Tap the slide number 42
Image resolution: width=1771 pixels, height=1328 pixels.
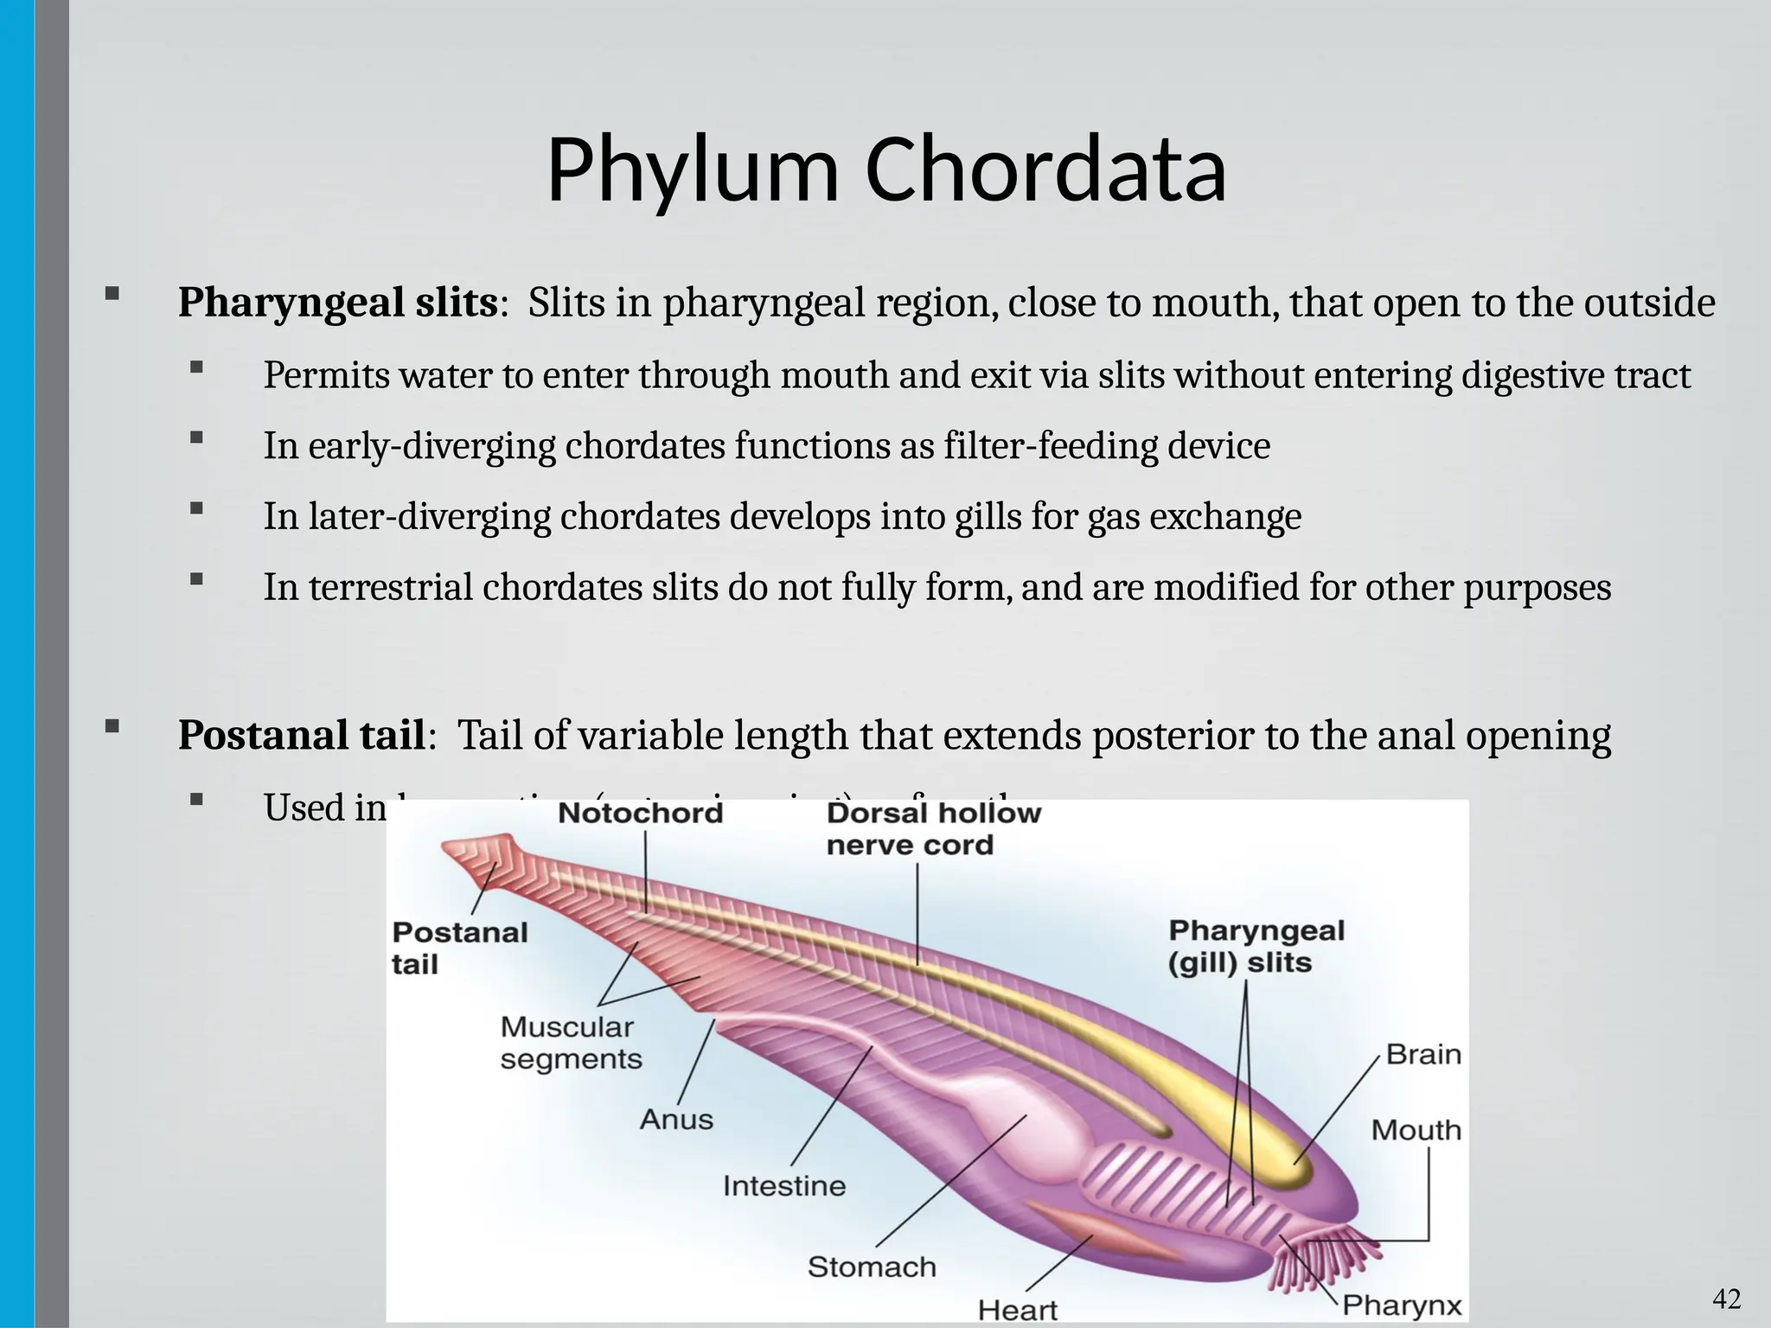click(x=1727, y=1299)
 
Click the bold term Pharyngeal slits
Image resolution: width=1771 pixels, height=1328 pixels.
click(x=337, y=303)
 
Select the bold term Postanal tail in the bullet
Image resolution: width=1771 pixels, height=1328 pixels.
click(x=301, y=736)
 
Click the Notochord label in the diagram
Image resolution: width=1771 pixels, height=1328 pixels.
click(x=640, y=813)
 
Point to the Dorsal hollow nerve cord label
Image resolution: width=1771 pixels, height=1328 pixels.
click(x=933, y=829)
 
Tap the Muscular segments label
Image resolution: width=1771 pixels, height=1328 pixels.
click(x=571, y=1043)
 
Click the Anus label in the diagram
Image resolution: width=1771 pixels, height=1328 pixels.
click(x=676, y=1120)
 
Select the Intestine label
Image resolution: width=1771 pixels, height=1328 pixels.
click(x=783, y=1185)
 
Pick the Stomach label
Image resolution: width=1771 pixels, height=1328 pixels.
click(x=872, y=1267)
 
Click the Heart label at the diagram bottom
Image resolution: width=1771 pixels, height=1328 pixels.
click(x=1017, y=1310)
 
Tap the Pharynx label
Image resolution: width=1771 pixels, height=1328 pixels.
click(x=1401, y=1305)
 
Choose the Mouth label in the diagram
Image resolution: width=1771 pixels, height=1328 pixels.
click(x=1416, y=1130)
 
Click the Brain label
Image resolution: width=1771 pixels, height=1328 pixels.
click(x=1423, y=1054)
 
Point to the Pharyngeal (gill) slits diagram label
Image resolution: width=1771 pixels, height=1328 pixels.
click(x=1256, y=947)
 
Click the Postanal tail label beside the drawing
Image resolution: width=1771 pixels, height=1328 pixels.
click(x=459, y=948)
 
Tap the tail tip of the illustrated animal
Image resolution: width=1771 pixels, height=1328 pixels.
click(x=458, y=852)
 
